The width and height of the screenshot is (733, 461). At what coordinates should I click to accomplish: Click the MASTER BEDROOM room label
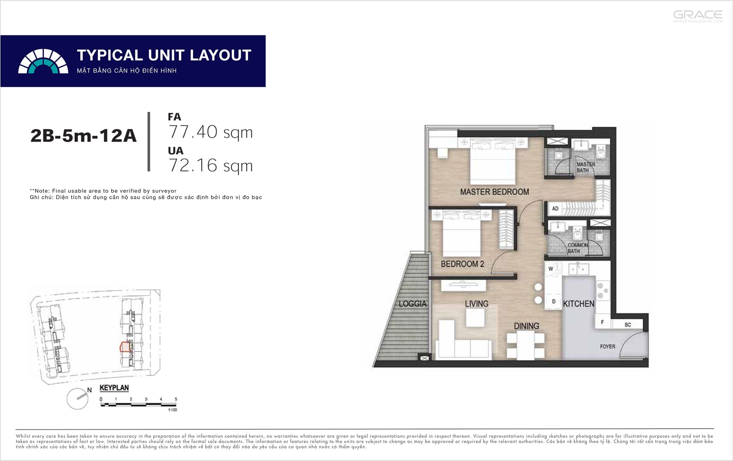[x=494, y=192]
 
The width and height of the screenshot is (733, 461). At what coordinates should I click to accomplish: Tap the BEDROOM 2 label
[x=462, y=264]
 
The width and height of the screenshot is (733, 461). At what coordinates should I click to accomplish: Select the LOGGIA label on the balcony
[x=412, y=304]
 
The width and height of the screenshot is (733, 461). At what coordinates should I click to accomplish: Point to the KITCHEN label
[x=579, y=304]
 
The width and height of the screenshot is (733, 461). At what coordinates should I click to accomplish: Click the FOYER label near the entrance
[x=608, y=347]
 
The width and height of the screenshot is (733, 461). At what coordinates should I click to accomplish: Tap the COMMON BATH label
[x=578, y=248]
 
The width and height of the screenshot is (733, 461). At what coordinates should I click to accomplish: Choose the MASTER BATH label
[x=586, y=167]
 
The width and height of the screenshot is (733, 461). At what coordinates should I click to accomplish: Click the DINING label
[x=526, y=326]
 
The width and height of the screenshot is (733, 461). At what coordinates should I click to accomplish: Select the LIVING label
[x=477, y=304]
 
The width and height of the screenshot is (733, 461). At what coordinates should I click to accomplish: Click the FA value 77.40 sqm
[x=211, y=132]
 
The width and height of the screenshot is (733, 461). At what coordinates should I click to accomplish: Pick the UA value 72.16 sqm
[x=211, y=165]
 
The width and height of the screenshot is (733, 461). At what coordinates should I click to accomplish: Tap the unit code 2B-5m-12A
[x=83, y=136]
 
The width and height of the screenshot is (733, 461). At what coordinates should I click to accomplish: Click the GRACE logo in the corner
[x=698, y=16]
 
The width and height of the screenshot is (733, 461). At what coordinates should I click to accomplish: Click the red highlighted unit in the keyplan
[x=124, y=347]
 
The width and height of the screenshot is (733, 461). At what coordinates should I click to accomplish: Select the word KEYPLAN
[x=114, y=388]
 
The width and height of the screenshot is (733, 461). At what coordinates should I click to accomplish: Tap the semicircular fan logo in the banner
[x=43, y=61]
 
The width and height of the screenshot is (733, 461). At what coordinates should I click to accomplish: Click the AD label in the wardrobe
[x=555, y=209]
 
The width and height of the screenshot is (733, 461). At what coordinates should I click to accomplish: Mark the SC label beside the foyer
[x=628, y=325]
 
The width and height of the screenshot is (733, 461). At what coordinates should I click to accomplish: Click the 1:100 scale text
[x=173, y=410]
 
